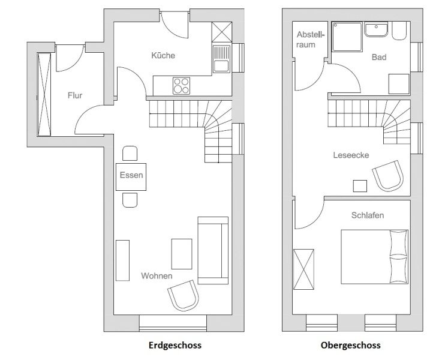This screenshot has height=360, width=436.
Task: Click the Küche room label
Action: [x=163, y=55]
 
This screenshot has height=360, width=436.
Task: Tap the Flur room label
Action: [x=75, y=95]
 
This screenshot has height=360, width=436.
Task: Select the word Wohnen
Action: [x=157, y=276]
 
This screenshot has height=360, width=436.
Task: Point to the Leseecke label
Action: [x=351, y=155]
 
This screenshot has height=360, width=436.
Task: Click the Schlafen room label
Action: [x=368, y=215]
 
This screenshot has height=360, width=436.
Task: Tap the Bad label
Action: [x=379, y=57]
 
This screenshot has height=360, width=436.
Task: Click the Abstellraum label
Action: [x=310, y=40]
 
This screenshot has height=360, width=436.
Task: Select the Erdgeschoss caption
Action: [x=175, y=345]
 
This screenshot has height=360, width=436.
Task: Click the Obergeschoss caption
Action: [x=350, y=345]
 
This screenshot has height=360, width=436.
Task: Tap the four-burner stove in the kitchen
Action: [x=181, y=86]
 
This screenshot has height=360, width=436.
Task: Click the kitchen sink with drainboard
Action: [x=222, y=59]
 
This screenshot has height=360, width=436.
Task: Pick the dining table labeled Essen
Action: [x=131, y=177]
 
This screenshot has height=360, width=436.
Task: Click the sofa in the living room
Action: [x=213, y=250]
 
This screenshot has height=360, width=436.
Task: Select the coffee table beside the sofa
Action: [x=182, y=254]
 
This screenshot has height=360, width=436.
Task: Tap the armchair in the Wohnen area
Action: [x=184, y=295]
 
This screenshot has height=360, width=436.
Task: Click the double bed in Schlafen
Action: [x=375, y=257]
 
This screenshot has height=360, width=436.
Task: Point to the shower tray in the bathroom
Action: [x=347, y=37]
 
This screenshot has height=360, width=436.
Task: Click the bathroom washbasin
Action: [x=376, y=30]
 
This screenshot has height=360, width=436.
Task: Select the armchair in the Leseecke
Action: [x=388, y=176]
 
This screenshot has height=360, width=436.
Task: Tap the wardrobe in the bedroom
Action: [x=303, y=269]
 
